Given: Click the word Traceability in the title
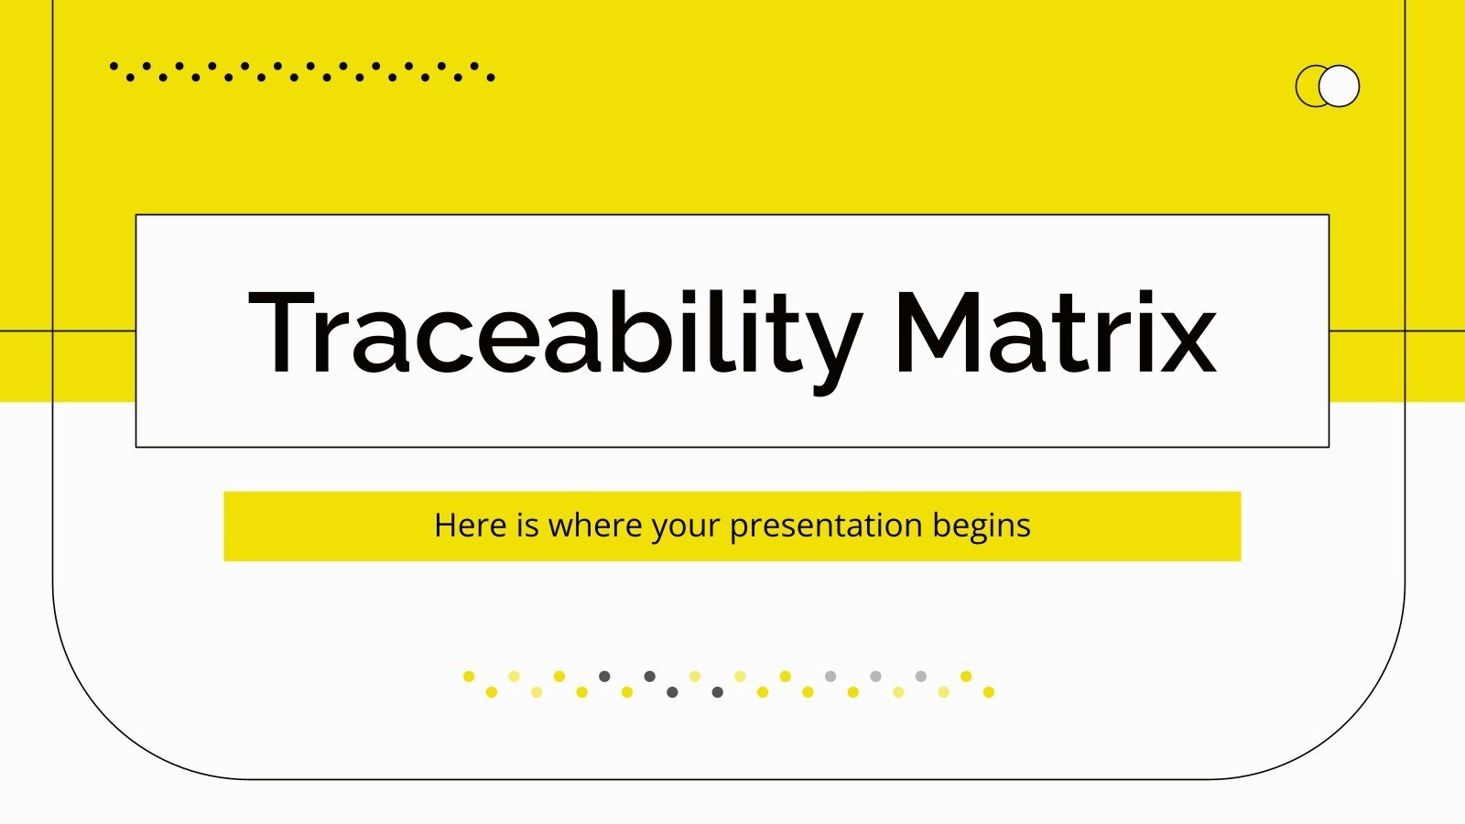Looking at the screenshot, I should [x=554, y=331].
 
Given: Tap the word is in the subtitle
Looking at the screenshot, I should [x=527, y=526].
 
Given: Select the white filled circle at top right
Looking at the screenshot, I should [x=1340, y=86].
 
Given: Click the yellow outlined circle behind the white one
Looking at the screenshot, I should [x=1307, y=86].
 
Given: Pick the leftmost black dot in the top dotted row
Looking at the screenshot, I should [x=114, y=66].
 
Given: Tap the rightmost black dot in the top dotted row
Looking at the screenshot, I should [x=491, y=78].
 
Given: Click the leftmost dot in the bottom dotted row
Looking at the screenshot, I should [x=469, y=677].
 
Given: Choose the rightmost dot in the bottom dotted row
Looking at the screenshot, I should [x=989, y=692].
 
